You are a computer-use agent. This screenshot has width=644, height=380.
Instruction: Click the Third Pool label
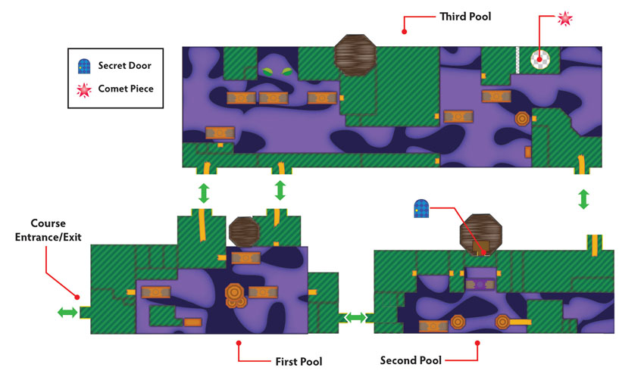465,17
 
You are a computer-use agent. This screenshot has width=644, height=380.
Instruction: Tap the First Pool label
299,362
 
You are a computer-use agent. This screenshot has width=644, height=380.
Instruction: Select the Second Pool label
411,360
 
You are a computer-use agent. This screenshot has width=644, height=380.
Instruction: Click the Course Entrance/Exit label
48,230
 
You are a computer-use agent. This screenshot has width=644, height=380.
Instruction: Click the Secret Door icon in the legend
84,66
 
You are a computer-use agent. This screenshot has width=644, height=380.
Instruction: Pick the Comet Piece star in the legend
84,90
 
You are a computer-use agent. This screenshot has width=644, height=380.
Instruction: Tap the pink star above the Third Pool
565,18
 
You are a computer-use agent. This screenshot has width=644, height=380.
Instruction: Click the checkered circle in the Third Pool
539,60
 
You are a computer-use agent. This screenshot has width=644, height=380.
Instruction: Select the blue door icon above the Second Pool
421,208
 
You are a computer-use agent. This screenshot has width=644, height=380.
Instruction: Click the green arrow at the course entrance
67,313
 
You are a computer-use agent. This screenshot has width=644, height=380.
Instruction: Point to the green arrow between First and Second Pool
355,317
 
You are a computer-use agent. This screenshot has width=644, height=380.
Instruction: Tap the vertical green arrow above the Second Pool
583,199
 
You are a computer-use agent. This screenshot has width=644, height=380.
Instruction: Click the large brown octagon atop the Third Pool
355,55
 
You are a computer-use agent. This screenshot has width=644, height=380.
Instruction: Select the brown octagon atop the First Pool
245,232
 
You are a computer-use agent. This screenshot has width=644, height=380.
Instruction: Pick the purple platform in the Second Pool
480,284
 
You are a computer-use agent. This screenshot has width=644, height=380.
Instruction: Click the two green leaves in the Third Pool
277,72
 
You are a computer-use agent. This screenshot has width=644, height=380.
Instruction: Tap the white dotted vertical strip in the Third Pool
517,61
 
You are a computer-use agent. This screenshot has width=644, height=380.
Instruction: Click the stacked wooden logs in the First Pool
236,296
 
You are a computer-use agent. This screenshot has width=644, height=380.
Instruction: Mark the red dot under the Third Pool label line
404,32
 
